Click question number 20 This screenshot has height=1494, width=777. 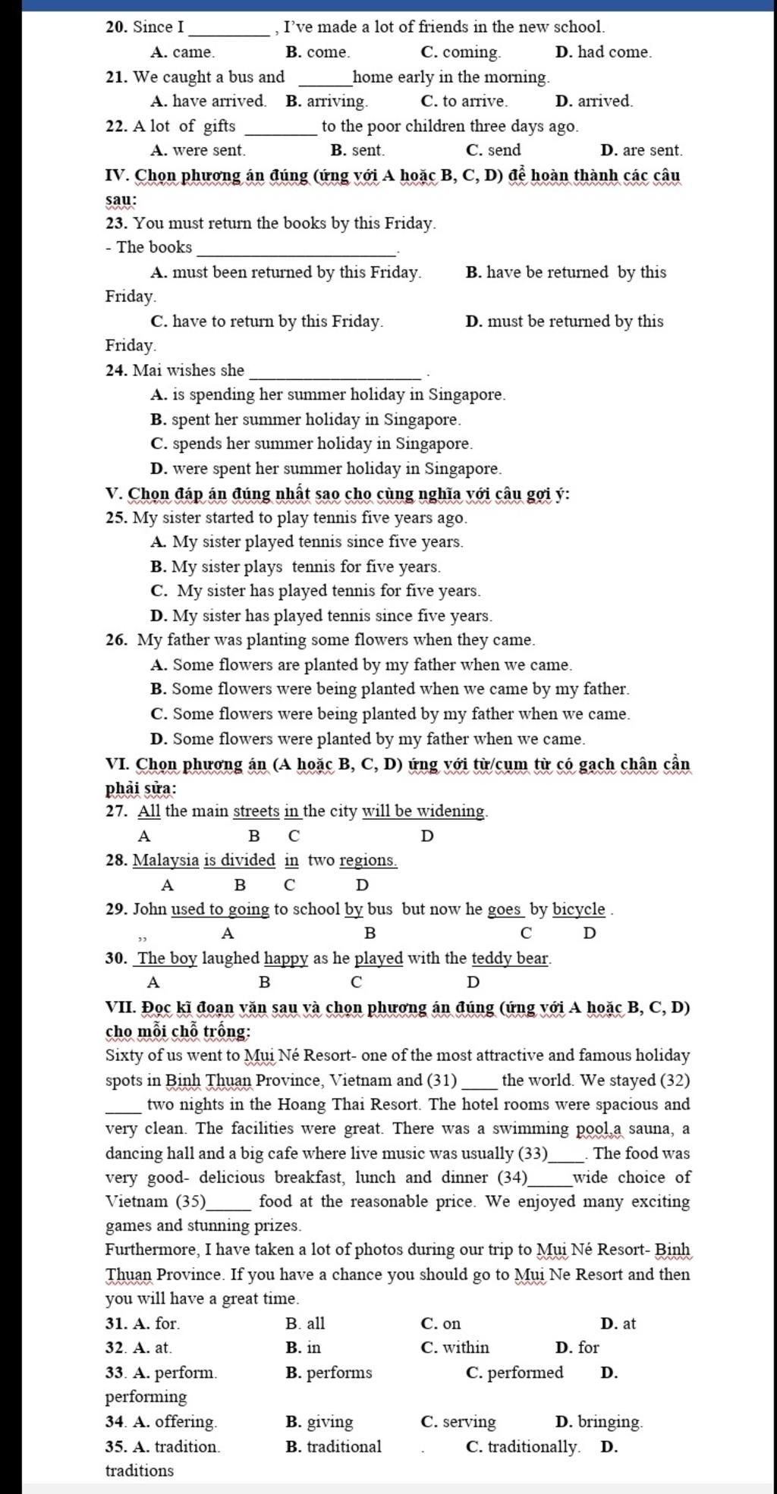pos(116,27)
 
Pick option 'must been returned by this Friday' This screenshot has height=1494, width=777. pos(296,272)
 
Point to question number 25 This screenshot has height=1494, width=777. pos(116,518)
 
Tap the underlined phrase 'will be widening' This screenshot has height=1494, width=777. pos(423,811)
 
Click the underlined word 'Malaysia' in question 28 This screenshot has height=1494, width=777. pos(166,860)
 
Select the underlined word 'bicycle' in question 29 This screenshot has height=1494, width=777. pos(579,909)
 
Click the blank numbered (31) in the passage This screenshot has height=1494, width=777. pos(480,1081)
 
